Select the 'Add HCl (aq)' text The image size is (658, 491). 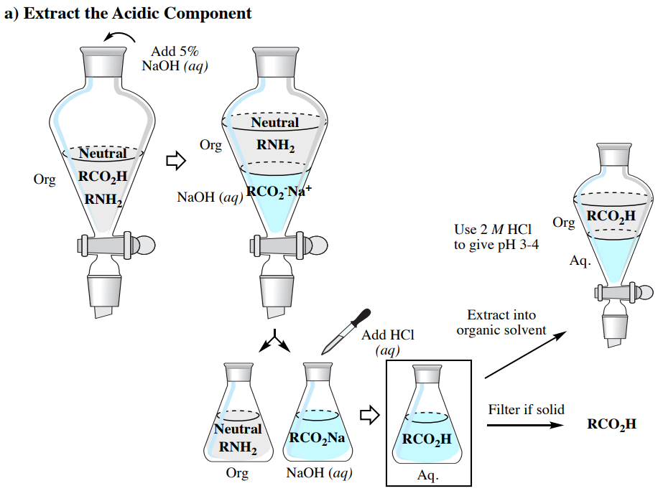[388, 342]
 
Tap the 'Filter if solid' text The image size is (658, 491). [527, 410]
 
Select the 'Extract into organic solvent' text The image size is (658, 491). [501, 322]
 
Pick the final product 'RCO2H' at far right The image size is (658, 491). [611, 424]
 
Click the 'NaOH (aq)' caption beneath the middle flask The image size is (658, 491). [318, 473]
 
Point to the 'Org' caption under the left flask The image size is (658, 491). [237, 473]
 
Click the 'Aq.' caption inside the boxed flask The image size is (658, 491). [428, 475]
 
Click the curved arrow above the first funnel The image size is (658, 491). [120, 37]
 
